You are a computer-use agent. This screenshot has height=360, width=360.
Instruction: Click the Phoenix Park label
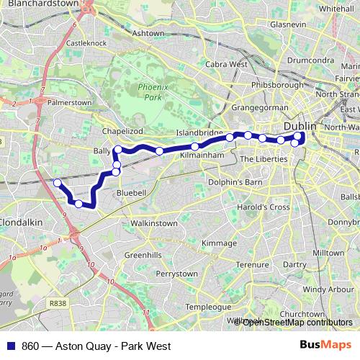151,91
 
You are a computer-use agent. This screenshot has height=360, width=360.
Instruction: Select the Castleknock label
86,44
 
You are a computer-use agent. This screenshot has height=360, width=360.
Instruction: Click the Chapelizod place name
124,131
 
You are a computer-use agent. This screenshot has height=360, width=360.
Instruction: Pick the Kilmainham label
199,155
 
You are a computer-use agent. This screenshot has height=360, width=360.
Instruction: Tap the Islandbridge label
201,133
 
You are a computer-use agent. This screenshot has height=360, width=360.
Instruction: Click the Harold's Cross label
265,207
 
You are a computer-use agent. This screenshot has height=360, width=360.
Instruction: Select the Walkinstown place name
150,224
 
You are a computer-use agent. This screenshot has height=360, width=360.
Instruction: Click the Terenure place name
253,265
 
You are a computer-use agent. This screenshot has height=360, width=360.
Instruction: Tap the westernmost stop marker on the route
58,183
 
